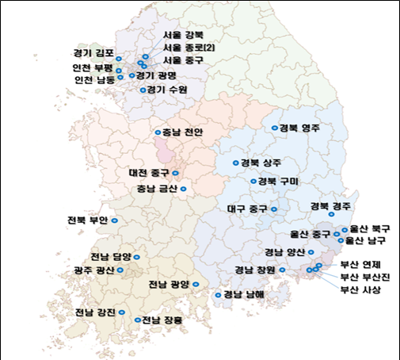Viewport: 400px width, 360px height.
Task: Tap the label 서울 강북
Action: tap(182, 36)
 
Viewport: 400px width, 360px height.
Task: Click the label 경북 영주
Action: tap(299, 128)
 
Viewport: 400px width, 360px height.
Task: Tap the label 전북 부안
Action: tap(87, 220)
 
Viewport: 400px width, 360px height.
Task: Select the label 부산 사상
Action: tap(360, 289)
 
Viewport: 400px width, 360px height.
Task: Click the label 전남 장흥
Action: tap(162, 320)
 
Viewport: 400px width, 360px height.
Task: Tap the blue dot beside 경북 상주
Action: tap(235, 163)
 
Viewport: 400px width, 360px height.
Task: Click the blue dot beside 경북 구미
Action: tap(253, 182)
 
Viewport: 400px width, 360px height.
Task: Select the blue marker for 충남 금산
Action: tap(183, 189)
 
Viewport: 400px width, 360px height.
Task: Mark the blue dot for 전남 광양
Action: tap(196, 283)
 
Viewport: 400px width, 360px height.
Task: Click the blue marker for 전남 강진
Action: tap(124, 312)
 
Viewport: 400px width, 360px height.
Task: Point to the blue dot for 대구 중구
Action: tap(274, 210)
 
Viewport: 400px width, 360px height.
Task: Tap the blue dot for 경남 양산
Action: tap(310, 253)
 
